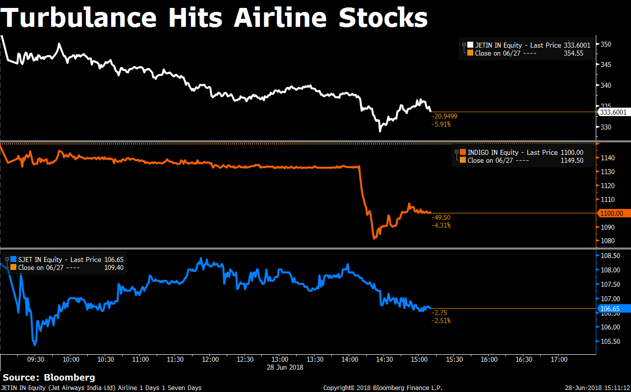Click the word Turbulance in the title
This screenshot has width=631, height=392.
pos(79,18)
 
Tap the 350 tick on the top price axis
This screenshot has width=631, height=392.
pos(606,44)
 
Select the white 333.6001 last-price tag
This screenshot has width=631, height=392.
pos(613,112)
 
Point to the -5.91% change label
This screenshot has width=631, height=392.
pos(441,124)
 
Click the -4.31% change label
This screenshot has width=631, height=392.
pos(441,225)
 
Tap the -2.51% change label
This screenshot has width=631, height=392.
pos(441,321)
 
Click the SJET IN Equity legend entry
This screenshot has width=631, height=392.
pos(39,260)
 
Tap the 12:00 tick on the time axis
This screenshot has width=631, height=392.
pos(210,359)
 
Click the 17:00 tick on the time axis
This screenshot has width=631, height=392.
pos(559,359)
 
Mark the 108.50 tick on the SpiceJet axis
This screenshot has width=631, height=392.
pos(610,256)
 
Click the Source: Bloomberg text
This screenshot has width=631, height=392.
pos(49,378)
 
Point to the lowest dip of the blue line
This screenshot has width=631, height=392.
pos(34,343)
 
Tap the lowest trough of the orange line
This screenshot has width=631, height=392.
pos(374,238)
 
